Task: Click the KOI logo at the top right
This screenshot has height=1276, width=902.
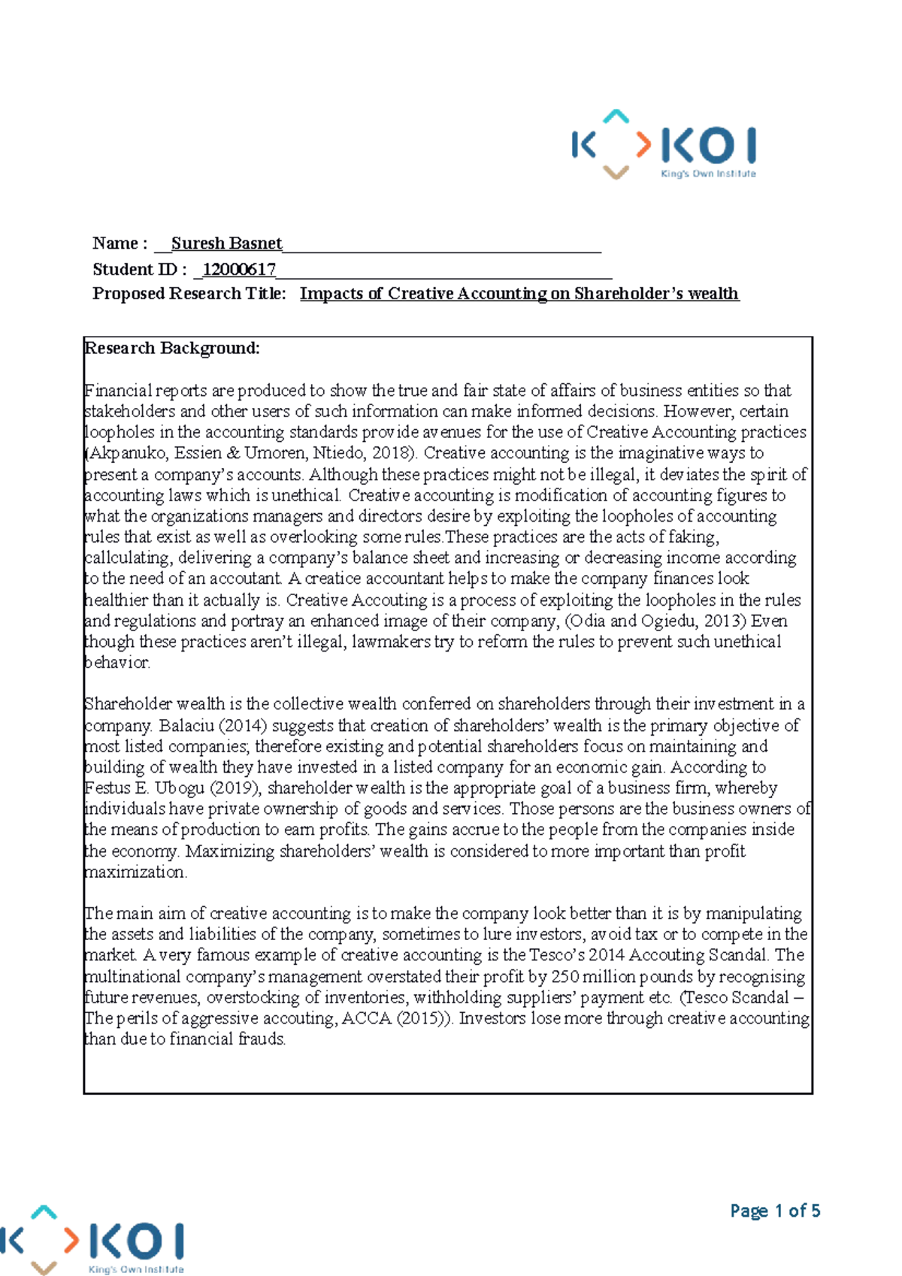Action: (664, 145)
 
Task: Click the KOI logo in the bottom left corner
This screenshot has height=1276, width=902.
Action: (93, 1240)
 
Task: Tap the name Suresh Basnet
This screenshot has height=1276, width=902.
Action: (226, 243)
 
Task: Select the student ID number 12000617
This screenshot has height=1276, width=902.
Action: (239, 269)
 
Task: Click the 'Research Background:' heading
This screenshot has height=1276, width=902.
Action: (173, 348)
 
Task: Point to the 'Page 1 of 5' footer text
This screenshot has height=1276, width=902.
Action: (775, 1211)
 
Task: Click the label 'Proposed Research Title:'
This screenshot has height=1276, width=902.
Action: (189, 294)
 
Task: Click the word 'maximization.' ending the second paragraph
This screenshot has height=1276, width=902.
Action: (135, 872)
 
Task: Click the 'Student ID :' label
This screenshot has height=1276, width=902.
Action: (139, 269)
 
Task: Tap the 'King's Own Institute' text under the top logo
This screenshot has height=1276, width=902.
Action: (708, 174)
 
